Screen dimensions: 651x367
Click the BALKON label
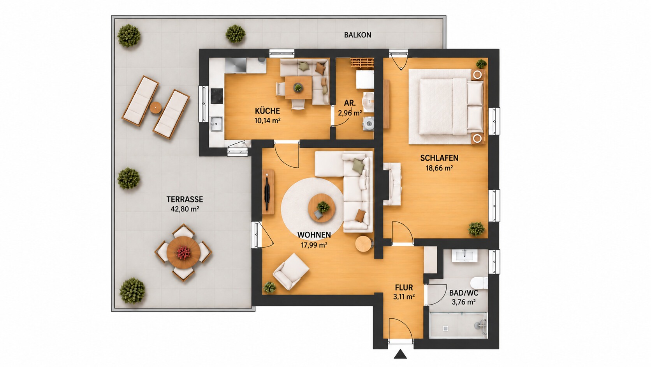[x=357, y=35]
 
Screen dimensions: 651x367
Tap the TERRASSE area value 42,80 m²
[x=185, y=209]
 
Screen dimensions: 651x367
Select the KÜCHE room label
[x=267, y=111]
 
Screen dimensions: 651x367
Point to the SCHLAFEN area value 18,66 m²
[x=439, y=168]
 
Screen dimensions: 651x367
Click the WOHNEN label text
[x=314, y=235]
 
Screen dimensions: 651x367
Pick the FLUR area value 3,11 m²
[x=404, y=297]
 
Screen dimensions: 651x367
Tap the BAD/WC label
[x=464, y=293]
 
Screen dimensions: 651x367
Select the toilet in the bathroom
[x=479, y=283]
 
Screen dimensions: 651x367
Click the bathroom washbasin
[x=464, y=255]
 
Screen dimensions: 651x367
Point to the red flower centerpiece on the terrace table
[x=183, y=253]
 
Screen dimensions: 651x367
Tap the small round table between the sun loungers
[x=155, y=108]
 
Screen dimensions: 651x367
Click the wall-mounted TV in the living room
[x=267, y=192]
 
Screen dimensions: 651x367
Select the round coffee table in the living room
[x=322, y=208]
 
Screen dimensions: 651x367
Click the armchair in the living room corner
[x=291, y=271]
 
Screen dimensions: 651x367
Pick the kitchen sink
[x=216, y=124]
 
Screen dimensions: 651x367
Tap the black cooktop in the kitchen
[x=216, y=96]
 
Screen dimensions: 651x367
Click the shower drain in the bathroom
[x=446, y=328]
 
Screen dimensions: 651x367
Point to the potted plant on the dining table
[x=298, y=87]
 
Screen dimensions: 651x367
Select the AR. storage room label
[x=350, y=103]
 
